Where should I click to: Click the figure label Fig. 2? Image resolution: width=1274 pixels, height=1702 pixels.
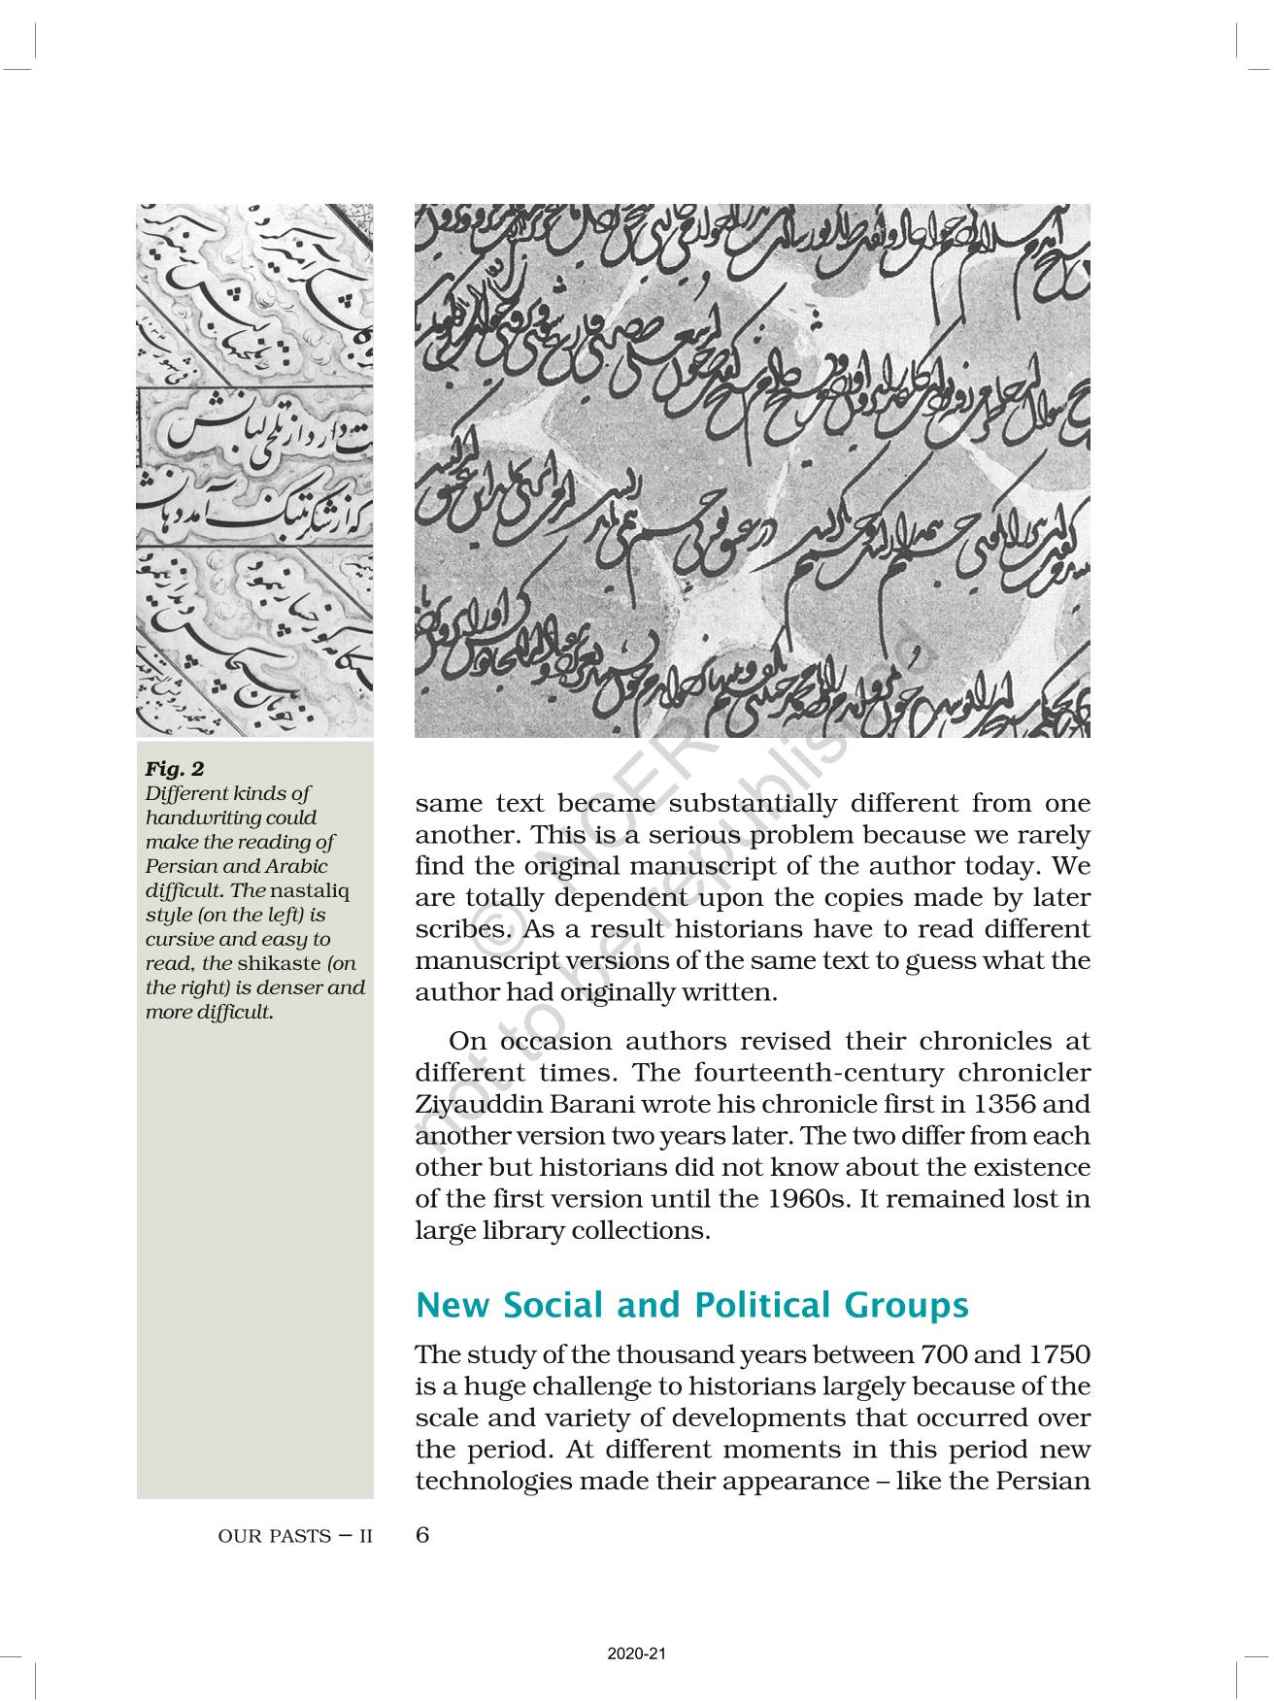(175, 769)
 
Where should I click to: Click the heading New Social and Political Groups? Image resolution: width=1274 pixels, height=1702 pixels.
(691, 1305)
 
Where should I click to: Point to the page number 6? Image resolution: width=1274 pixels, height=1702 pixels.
(422, 1535)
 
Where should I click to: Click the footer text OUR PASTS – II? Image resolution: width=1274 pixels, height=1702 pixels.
(295, 1537)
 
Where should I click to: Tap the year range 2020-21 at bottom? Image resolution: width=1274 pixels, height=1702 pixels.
(636, 1653)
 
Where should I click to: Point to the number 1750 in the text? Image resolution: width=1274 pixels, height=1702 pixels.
(1058, 1355)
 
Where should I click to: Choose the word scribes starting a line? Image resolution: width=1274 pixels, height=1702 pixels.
(460, 929)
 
